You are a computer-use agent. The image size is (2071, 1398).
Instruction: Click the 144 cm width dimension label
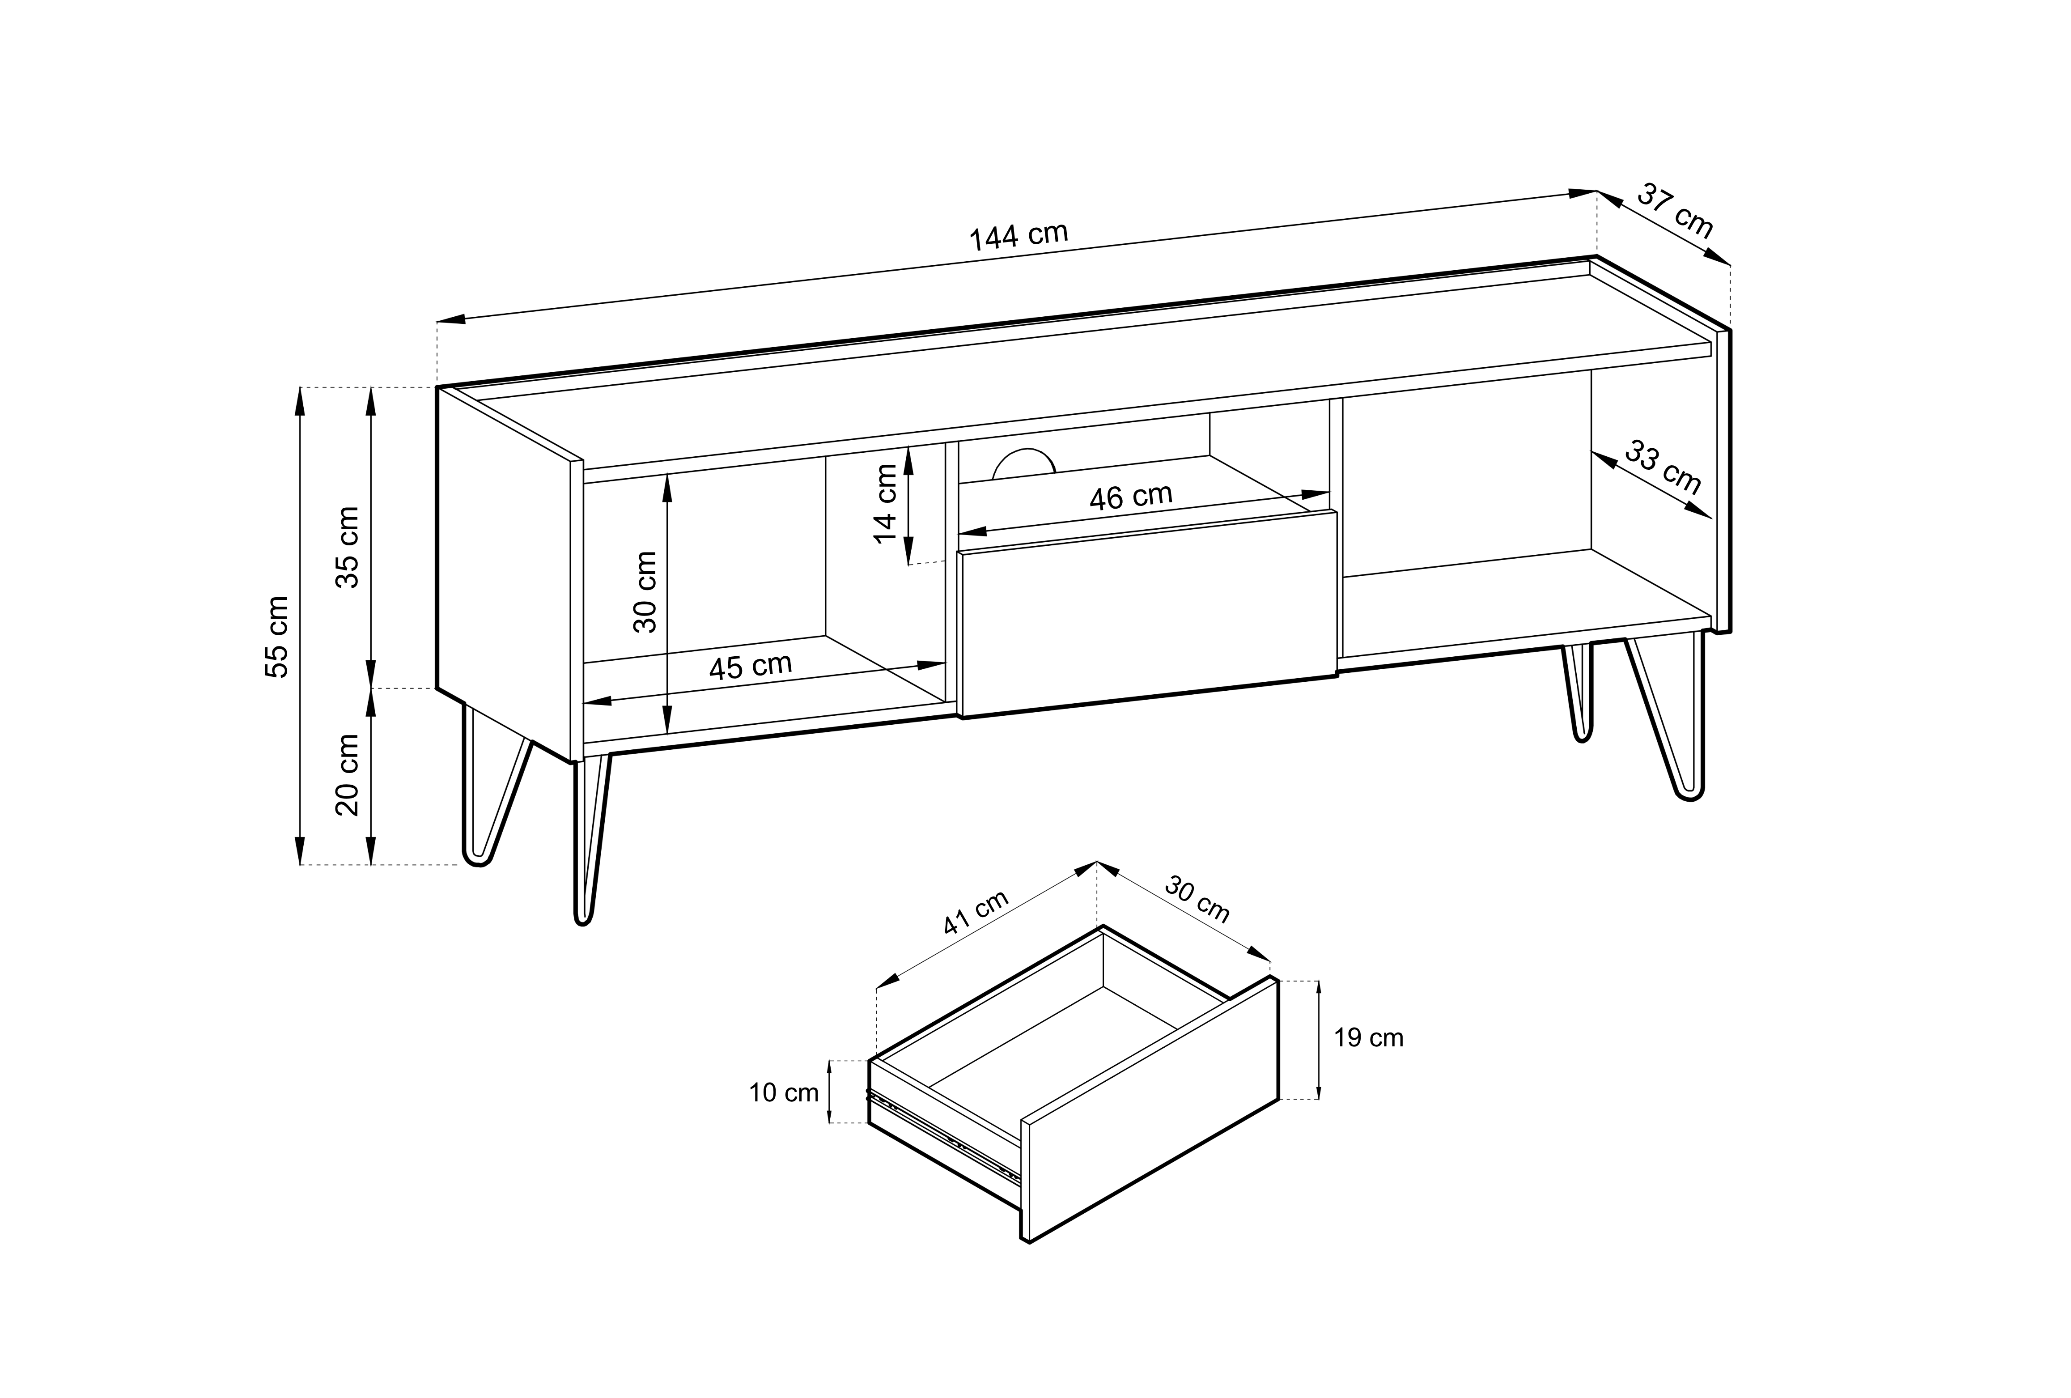(x=1019, y=236)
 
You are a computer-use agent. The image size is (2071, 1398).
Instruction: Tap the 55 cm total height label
(x=277, y=637)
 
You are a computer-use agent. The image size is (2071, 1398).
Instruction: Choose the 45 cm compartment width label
(x=750, y=667)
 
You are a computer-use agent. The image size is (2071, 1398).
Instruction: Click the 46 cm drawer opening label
(x=1131, y=496)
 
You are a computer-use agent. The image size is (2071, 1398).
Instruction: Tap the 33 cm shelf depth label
(x=1663, y=467)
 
